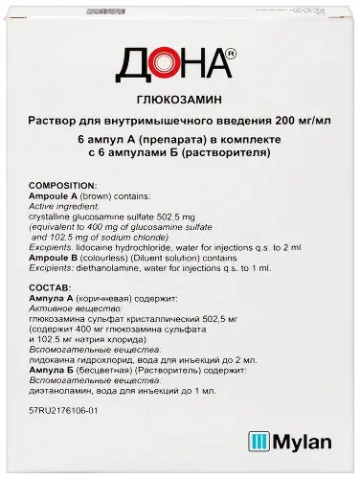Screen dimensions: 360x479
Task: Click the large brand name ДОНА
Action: [x=174, y=69]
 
